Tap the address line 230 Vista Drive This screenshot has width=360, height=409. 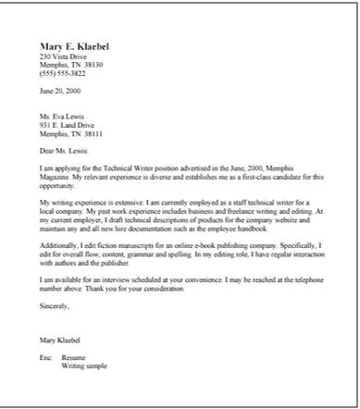(x=60, y=56)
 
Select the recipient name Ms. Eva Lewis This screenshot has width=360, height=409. (x=60, y=117)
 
